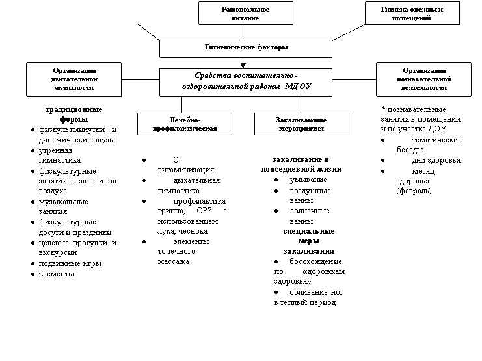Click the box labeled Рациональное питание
tap(246, 13)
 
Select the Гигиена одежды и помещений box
tap(412, 13)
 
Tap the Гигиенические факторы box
tap(246, 49)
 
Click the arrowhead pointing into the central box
tap(243, 66)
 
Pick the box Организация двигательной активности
tap(74, 79)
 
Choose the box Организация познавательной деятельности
tap(423, 79)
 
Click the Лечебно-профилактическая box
tap(185, 124)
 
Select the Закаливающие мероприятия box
tap(302, 124)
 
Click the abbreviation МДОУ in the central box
tap(298, 87)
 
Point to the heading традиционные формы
tap(74, 114)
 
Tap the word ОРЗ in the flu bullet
tap(204, 211)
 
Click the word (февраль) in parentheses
tap(414, 191)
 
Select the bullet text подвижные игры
tap(70, 263)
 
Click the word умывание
tap(308, 180)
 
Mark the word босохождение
tap(315, 261)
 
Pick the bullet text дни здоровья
tap(436, 161)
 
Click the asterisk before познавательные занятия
tap(383, 109)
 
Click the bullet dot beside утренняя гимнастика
tap(33, 150)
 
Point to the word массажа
tap(174, 261)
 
